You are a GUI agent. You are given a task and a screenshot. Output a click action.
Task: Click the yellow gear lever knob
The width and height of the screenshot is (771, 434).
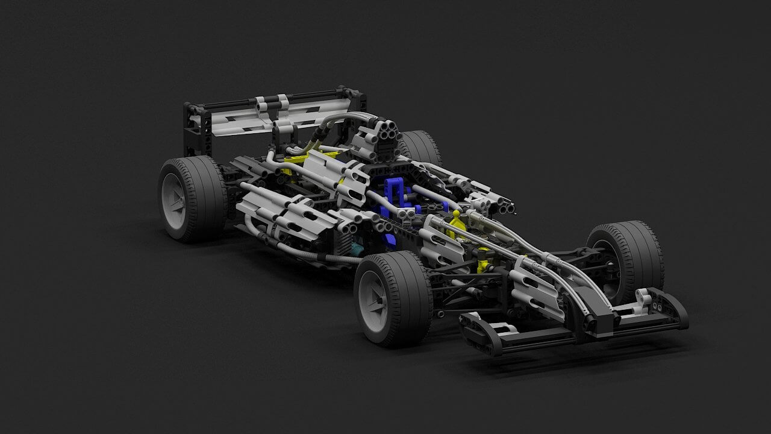tap(456, 214)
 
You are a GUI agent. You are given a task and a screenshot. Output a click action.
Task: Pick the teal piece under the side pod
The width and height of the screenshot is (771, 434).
tap(358, 248)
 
